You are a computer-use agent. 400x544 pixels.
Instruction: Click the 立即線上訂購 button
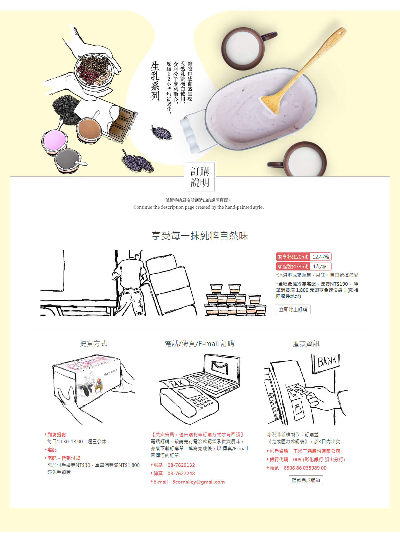coord(293,309)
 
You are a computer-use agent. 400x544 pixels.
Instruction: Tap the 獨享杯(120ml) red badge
coord(293,257)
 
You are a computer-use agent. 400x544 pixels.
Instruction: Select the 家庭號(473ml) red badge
coord(293,266)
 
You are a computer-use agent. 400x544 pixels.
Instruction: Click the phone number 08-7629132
coord(181,465)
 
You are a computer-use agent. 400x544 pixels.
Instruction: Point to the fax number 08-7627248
coord(181,473)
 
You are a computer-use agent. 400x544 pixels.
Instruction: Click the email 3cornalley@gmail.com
coord(198,482)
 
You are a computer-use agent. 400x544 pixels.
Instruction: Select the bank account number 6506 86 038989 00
coord(305,468)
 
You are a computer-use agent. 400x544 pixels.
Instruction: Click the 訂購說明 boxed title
coord(200,177)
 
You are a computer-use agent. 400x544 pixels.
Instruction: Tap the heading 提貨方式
coord(93,343)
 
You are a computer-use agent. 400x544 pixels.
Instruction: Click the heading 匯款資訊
coord(306,343)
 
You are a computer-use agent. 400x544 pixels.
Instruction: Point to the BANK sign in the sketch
coord(327,361)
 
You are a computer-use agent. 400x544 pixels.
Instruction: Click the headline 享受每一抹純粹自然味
coord(200,236)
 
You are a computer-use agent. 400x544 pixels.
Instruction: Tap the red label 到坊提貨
coord(57,434)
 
